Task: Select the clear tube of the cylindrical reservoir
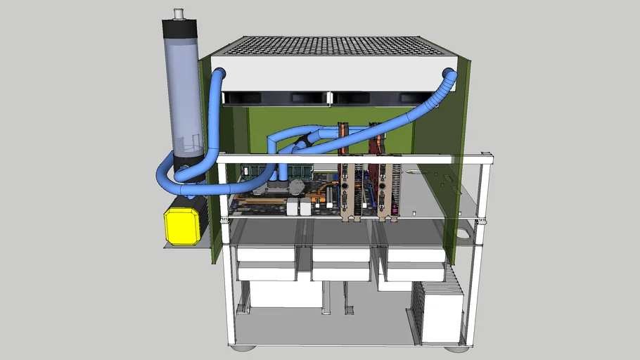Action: click(x=184, y=91)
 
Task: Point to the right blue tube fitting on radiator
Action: click(x=449, y=73)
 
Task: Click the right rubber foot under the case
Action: click(x=455, y=347)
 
